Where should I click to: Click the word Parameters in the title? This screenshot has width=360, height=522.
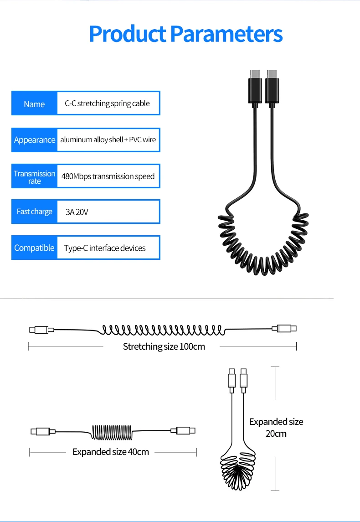[x=226, y=34]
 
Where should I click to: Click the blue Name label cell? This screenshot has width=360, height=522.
[x=34, y=104]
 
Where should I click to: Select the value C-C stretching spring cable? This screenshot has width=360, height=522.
[x=107, y=103]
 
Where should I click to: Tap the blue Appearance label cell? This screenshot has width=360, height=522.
[x=35, y=140]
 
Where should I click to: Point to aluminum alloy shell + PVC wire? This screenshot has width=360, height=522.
[x=108, y=140]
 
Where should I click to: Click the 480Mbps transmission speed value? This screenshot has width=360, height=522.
[x=108, y=176]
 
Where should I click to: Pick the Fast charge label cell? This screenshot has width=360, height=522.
[x=34, y=212]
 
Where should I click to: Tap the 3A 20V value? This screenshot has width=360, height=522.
[x=76, y=212]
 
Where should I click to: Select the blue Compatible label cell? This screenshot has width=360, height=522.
[x=34, y=248]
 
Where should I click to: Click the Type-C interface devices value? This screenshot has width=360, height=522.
[x=105, y=248]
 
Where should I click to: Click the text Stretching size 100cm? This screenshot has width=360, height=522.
[x=164, y=346]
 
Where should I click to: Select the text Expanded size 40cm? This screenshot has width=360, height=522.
[x=111, y=452]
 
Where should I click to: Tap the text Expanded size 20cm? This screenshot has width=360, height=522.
[x=276, y=427]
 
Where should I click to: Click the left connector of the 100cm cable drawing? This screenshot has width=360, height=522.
[x=41, y=329]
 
